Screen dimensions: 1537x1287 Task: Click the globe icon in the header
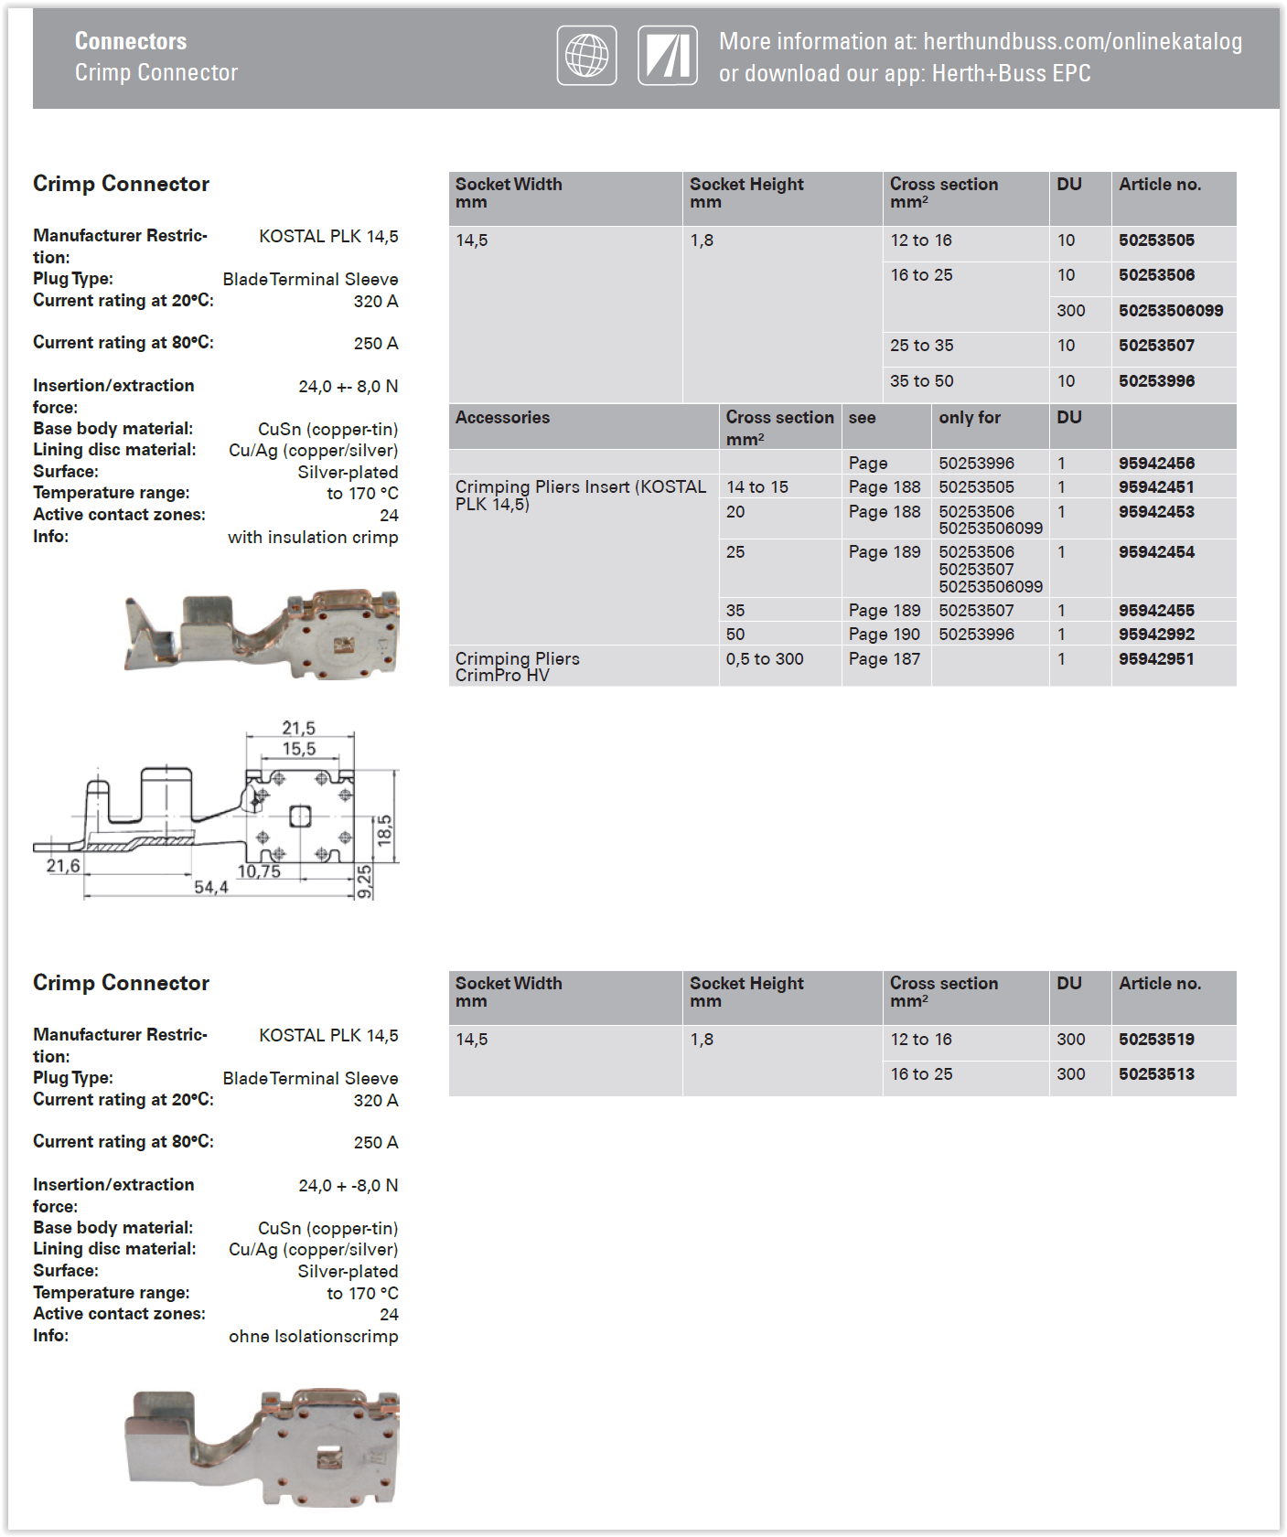tap(586, 56)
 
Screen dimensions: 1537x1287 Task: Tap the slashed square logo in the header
tap(668, 56)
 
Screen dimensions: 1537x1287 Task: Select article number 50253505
tap(1156, 240)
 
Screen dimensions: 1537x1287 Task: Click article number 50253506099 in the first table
tap(1170, 311)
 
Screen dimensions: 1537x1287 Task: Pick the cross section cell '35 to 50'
tap(921, 381)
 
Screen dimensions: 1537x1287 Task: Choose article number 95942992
tap(1156, 635)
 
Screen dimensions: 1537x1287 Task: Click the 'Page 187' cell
tap(884, 659)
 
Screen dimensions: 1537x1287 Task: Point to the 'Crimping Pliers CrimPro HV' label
tap(518, 667)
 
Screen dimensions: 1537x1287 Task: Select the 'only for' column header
tap(969, 418)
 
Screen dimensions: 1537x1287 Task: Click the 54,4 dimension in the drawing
tap(210, 887)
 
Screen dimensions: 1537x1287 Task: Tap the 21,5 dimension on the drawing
tap(298, 728)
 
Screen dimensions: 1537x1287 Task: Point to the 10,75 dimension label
tap(259, 871)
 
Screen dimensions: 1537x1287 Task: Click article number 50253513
tap(1156, 1074)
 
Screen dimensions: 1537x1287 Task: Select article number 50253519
tap(1156, 1040)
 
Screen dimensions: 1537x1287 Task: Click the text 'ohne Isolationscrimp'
tap(313, 1337)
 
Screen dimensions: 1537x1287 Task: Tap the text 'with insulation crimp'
tap(313, 538)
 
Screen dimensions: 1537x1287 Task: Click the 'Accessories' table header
tap(503, 418)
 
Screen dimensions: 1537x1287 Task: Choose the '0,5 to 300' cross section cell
tap(765, 659)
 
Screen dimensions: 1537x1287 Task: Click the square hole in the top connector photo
tap(345, 644)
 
